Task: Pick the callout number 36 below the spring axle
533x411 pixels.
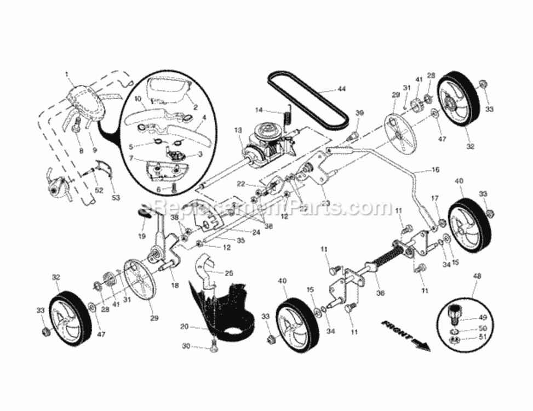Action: pos(380,293)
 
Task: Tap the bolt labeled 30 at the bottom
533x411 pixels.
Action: pos(213,345)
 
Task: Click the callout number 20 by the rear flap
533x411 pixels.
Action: pos(185,326)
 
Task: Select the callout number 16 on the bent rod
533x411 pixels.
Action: pos(435,170)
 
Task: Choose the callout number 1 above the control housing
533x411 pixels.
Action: pos(67,74)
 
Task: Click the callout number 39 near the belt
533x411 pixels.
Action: pos(359,112)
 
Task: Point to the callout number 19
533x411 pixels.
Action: pos(142,236)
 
